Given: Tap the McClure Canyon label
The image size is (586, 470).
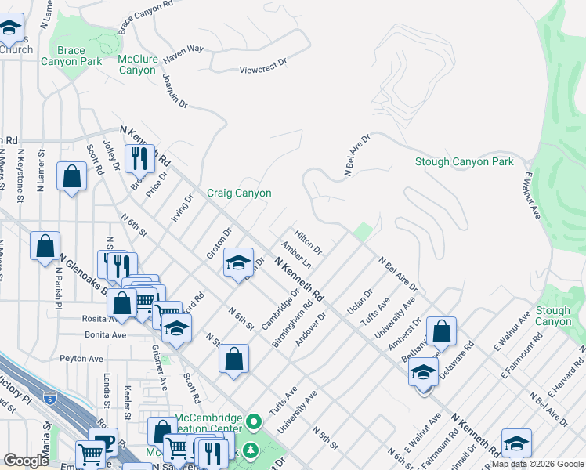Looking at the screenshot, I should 137,64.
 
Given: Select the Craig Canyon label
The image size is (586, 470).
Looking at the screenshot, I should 239,193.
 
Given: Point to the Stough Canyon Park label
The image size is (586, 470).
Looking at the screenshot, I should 464,162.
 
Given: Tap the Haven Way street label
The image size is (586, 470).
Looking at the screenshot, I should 183,49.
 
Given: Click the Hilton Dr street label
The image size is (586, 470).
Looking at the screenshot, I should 309,241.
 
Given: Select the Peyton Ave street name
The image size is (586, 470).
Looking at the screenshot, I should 81,359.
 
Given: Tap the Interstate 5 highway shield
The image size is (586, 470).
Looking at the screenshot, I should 50,397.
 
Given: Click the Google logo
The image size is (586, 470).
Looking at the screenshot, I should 26,461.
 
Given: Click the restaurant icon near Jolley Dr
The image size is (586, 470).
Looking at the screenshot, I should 139,157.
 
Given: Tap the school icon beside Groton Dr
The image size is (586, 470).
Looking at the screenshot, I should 238,262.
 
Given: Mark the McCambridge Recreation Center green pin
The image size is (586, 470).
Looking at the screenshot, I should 253,423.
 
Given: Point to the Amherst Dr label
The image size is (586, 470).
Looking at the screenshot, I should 413,331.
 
